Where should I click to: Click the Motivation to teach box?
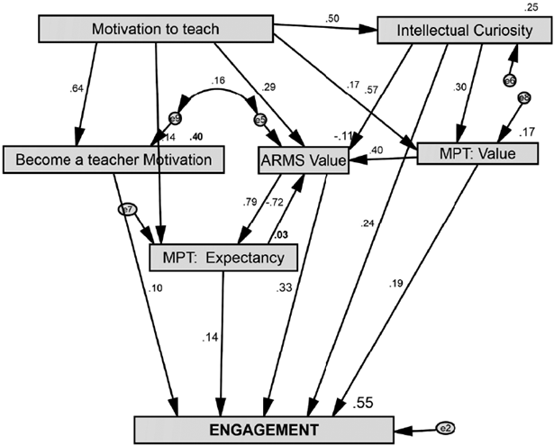[x=156, y=30]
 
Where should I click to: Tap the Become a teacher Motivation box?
[x=111, y=159]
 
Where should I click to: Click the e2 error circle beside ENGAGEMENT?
[x=448, y=428]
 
